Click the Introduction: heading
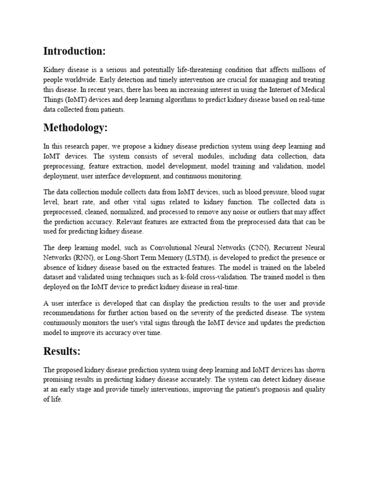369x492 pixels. [74, 51]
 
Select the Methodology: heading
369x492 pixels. [76, 128]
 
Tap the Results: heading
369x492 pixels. [62, 351]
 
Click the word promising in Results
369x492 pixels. [61, 380]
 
